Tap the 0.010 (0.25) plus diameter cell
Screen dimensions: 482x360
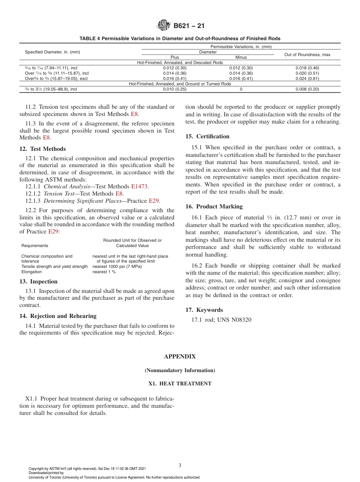coord(175,89)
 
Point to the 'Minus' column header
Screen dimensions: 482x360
coord(241,57)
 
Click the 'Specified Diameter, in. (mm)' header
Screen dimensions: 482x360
coord(52,52)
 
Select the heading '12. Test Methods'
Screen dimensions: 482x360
coord(42,149)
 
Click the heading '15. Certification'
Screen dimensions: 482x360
coord(207,136)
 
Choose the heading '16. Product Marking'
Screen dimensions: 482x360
coord(214,207)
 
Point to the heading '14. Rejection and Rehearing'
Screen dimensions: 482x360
coord(58,316)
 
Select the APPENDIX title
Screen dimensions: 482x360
coord(180,357)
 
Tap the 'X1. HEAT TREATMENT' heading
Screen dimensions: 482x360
coord(180,383)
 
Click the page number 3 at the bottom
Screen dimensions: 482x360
coord(180,465)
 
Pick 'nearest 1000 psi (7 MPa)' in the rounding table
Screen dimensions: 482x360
coord(117,266)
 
